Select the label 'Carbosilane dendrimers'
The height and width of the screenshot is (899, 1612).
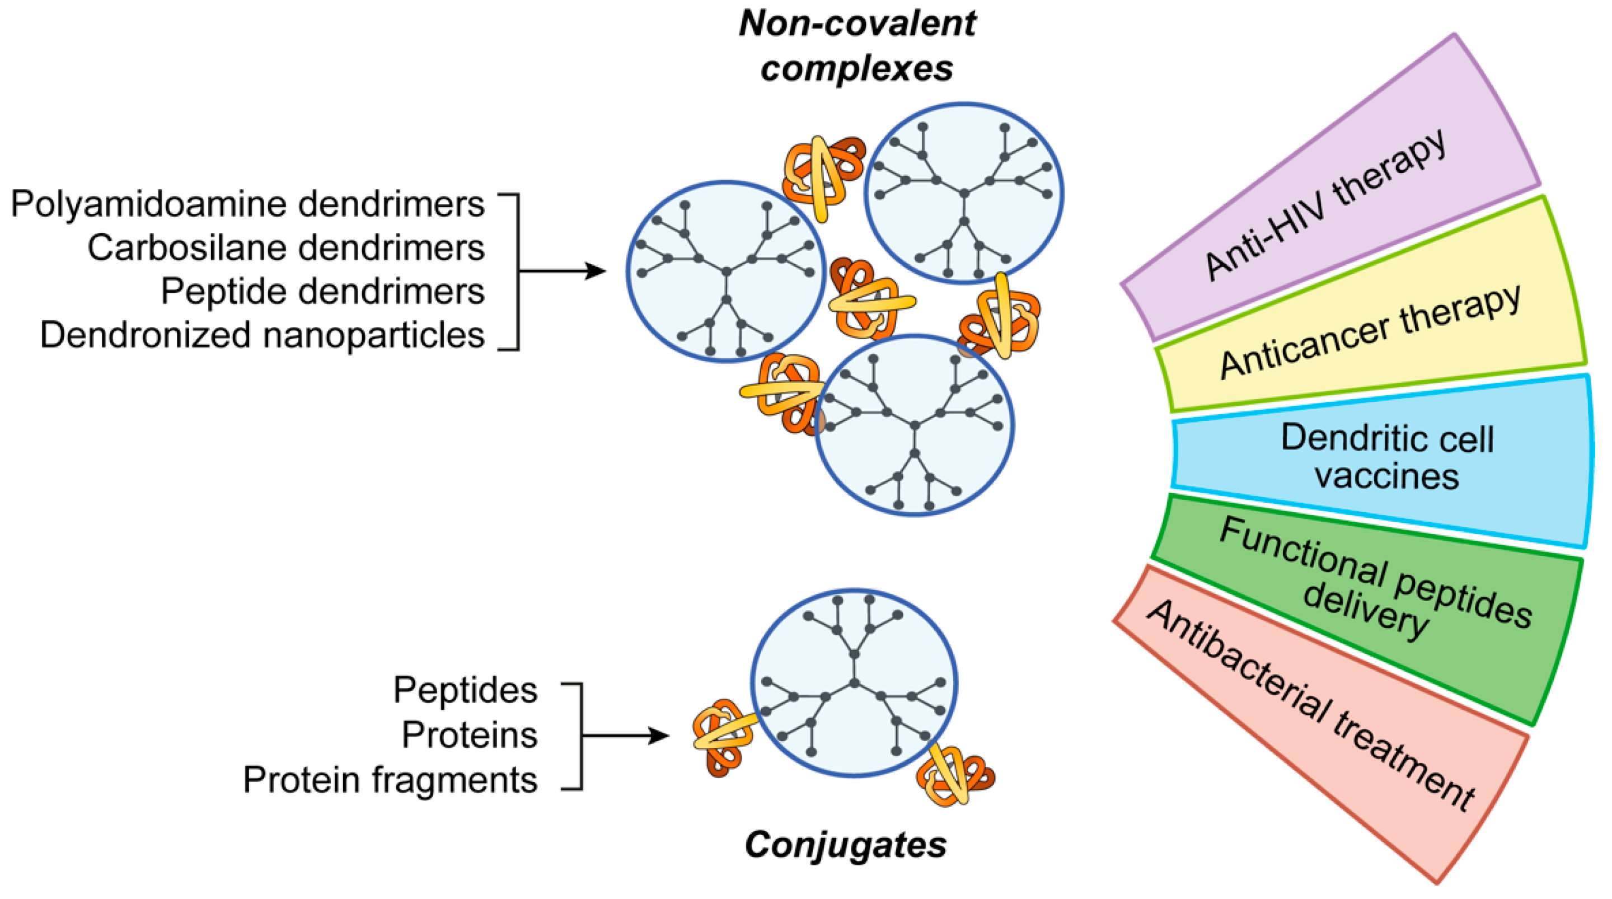[x=286, y=247]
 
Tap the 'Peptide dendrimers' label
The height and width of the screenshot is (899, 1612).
[x=322, y=291]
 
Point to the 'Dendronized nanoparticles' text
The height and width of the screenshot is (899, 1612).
[x=262, y=335]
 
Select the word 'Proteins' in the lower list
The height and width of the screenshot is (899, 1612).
[x=470, y=734]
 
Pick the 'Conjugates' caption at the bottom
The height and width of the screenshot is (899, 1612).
[x=845, y=845]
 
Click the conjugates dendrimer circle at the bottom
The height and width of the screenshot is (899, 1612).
[x=854, y=682]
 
